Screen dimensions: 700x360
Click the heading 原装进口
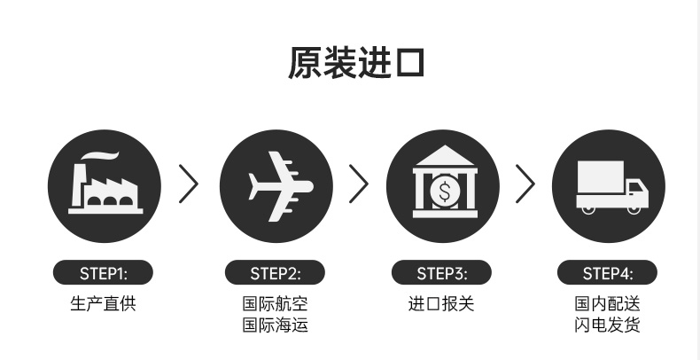pos(356,64)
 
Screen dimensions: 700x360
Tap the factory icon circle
pos(104,186)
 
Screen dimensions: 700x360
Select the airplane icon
pos(276,186)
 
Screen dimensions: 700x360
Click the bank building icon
pos(442,184)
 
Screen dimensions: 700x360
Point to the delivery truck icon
pos(610,186)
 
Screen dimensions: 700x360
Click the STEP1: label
pos(104,272)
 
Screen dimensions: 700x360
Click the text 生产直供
pos(104,303)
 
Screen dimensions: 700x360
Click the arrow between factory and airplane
pos(189,184)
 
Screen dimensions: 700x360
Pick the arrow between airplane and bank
pos(359,184)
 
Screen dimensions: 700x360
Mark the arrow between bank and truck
pos(526,184)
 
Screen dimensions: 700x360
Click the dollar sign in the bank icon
pos(443,189)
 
